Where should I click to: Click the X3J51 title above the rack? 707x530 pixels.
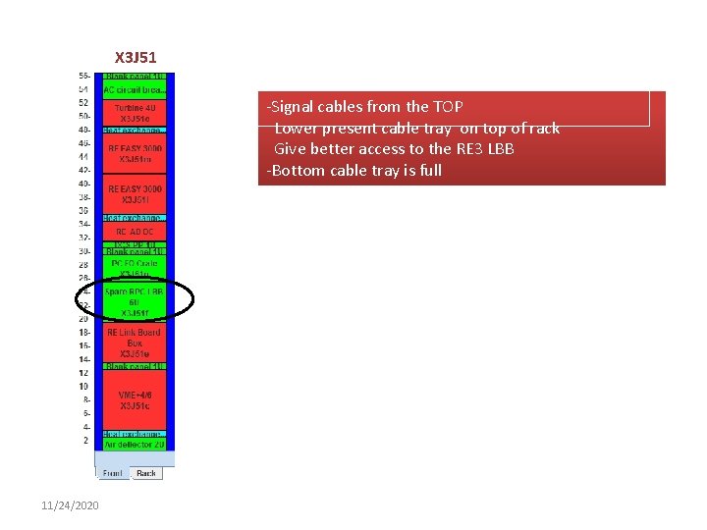click(x=136, y=58)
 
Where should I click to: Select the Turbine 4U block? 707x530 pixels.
click(x=135, y=112)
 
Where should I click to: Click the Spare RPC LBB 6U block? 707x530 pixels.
click(x=135, y=302)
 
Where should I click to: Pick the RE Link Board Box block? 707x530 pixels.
click(x=135, y=344)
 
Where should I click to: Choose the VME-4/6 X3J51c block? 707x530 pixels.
click(x=135, y=399)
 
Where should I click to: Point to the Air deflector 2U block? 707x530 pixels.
click(x=135, y=445)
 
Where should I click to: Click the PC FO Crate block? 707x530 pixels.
click(x=135, y=267)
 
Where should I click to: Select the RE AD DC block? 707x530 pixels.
click(x=135, y=232)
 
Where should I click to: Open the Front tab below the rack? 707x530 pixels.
click(x=113, y=473)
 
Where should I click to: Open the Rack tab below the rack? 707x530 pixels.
click(x=146, y=473)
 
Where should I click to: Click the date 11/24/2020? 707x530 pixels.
click(x=71, y=504)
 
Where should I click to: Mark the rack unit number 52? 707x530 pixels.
click(x=84, y=102)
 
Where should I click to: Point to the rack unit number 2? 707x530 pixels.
click(x=85, y=441)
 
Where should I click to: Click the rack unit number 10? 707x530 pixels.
click(x=84, y=386)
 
